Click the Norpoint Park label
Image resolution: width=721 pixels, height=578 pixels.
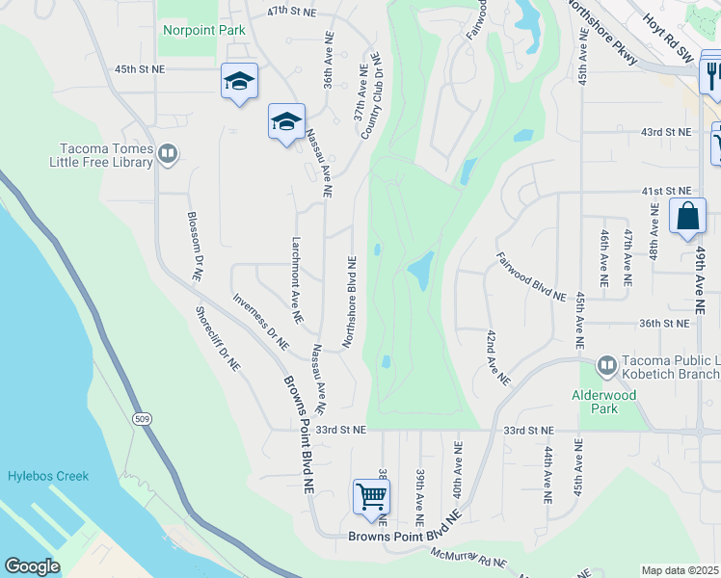click(x=203, y=30)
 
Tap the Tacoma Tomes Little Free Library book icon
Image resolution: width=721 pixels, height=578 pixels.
click(x=168, y=153)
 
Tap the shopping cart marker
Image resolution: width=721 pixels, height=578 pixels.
click(x=371, y=497)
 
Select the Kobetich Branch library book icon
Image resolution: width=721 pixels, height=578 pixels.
click(x=607, y=365)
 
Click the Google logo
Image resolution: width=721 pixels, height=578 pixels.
click(x=32, y=566)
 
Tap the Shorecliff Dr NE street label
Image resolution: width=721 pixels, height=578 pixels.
click(x=218, y=339)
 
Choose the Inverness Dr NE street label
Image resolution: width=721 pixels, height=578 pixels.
click(x=260, y=321)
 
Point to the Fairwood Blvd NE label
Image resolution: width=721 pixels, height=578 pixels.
click(x=531, y=276)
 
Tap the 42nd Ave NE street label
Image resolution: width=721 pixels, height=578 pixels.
click(x=497, y=357)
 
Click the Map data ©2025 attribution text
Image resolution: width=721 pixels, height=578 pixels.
click(x=679, y=570)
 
